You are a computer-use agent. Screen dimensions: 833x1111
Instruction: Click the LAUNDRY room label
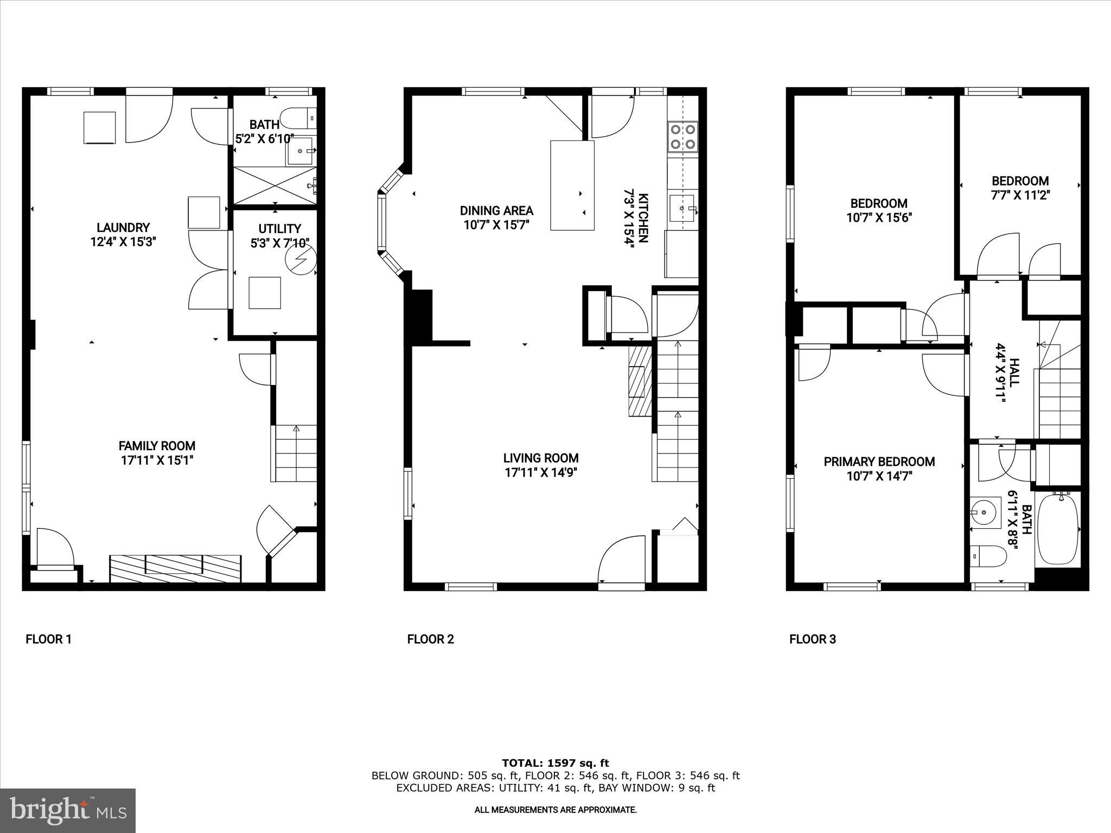(x=123, y=228)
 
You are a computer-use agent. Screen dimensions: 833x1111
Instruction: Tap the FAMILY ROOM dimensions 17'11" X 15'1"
(x=157, y=460)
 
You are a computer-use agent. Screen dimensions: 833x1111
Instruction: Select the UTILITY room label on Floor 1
(x=279, y=229)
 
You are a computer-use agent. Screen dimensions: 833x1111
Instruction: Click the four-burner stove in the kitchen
(x=682, y=136)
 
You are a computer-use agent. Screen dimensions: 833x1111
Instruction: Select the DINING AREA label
(x=496, y=210)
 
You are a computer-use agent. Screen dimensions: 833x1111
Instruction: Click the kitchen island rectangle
(x=572, y=185)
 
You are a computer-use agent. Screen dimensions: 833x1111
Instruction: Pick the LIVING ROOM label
(x=540, y=458)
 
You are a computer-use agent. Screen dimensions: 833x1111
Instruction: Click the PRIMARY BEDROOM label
(x=879, y=462)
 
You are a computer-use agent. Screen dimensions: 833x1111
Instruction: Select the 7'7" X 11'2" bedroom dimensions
(x=1020, y=195)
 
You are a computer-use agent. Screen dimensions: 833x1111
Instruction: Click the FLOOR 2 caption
(x=430, y=639)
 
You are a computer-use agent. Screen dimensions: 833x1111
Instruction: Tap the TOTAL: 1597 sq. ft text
(x=555, y=763)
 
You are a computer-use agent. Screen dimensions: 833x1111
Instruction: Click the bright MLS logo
(x=68, y=810)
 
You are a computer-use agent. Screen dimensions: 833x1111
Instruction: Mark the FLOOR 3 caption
(x=812, y=639)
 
